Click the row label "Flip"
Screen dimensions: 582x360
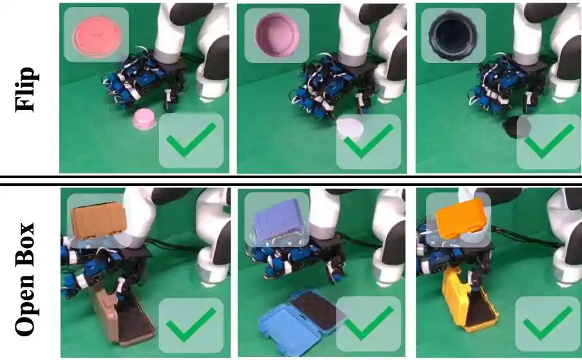click(26, 89)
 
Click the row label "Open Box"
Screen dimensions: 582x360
click(26, 279)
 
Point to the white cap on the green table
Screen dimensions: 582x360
click(350, 129)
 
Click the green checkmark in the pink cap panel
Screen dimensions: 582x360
click(191, 139)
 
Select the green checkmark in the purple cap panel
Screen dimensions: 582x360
click(369, 140)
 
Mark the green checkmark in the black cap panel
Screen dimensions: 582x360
click(549, 140)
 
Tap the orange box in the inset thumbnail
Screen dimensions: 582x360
click(460, 219)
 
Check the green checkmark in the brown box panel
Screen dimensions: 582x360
click(191, 325)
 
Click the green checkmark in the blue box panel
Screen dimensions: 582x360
click(369, 323)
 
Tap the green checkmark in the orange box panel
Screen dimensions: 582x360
click(548, 323)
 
